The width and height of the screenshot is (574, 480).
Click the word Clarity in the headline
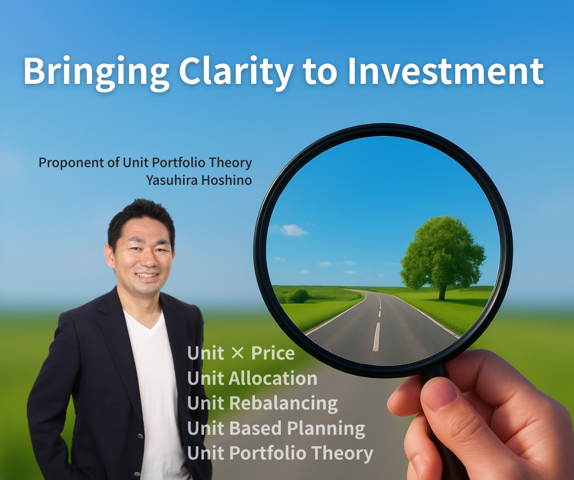click(x=236, y=73)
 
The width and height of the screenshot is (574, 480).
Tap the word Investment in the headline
click(x=446, y=71)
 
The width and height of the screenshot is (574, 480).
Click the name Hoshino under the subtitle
click(x=226, y=180)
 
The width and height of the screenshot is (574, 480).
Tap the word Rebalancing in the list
click(x=284, y=404)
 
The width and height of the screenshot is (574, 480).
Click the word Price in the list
click(x=273, y=353)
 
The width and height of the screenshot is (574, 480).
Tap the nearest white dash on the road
click(x=376, y=337)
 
